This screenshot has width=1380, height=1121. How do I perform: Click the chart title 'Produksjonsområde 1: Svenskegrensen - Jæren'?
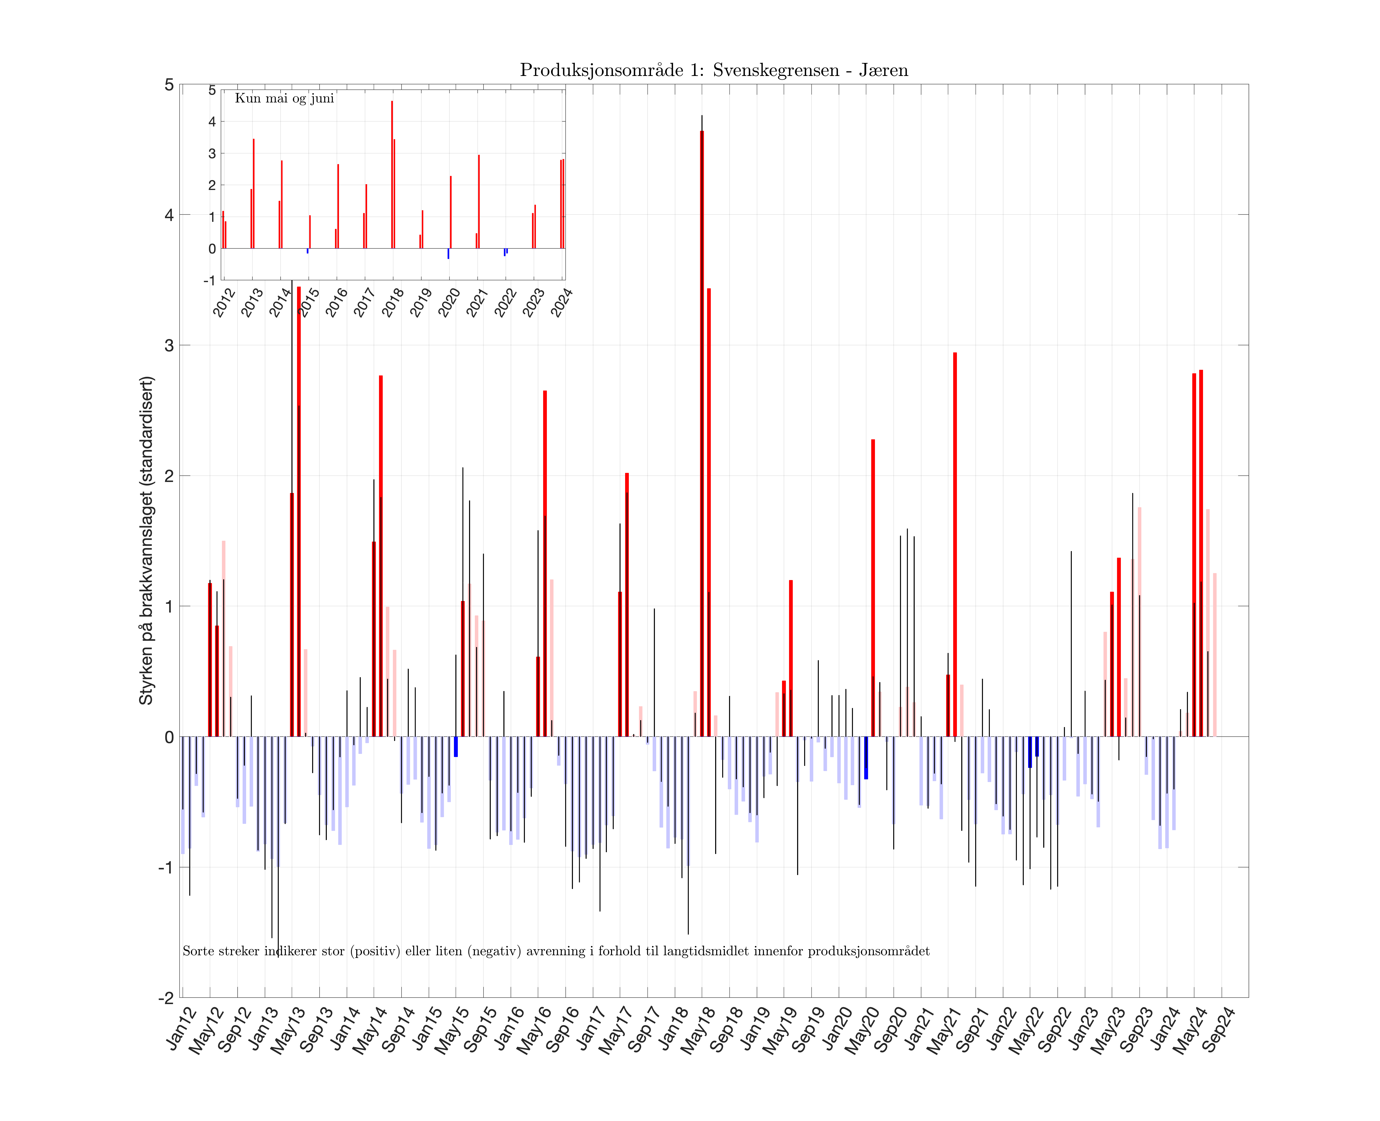click(713, 70)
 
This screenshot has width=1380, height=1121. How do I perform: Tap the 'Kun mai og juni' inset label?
click(284, 98)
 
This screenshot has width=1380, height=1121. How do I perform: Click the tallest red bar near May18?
click(702, 433)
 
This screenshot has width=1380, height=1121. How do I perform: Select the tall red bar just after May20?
click(873, 588)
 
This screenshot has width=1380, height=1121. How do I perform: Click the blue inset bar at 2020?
click(448, 254)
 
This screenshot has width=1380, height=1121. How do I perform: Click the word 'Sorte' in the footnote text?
click(195, 951)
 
